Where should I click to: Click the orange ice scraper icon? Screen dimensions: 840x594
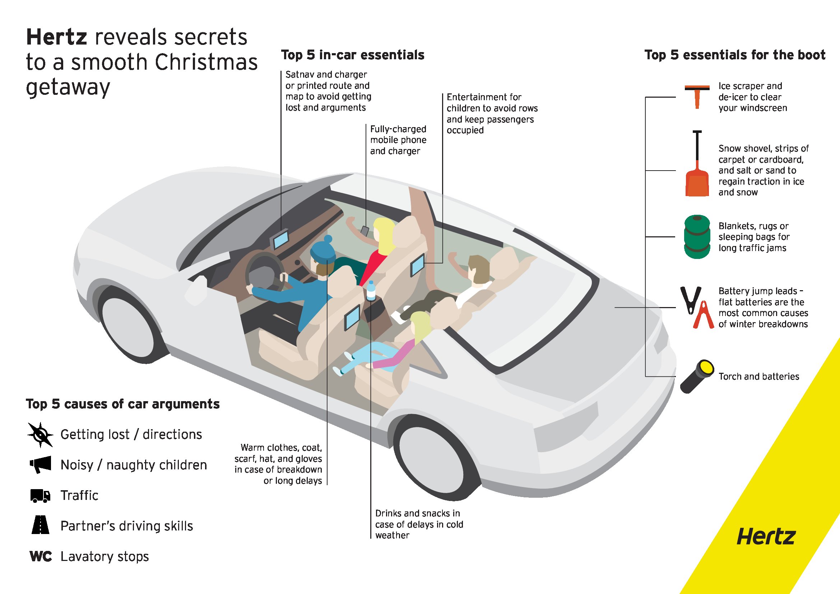coord(697,96)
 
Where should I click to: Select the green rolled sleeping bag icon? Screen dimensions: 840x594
coord(697,237)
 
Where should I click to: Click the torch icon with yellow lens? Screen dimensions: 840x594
coord(697,376)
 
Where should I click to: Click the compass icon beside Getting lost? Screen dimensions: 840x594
coord(40,435)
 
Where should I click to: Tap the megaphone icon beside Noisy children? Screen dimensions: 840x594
coord(40,465)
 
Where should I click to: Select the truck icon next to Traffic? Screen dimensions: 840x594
coord(40,496)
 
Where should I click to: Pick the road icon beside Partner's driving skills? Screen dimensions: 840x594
coord(40,525)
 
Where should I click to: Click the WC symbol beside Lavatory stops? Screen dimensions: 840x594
coord(41,556)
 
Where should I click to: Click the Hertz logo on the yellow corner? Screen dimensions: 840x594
coord(766,537)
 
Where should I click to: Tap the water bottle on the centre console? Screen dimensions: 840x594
coord(371,291)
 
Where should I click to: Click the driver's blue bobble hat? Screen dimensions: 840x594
coord(324,250)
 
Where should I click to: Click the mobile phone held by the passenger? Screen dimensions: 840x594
coord(365,231)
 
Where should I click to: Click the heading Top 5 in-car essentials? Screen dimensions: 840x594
coord(353,55)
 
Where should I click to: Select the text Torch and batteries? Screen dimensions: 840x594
coord(759,376)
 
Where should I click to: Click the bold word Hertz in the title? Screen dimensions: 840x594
coord(57,37)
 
